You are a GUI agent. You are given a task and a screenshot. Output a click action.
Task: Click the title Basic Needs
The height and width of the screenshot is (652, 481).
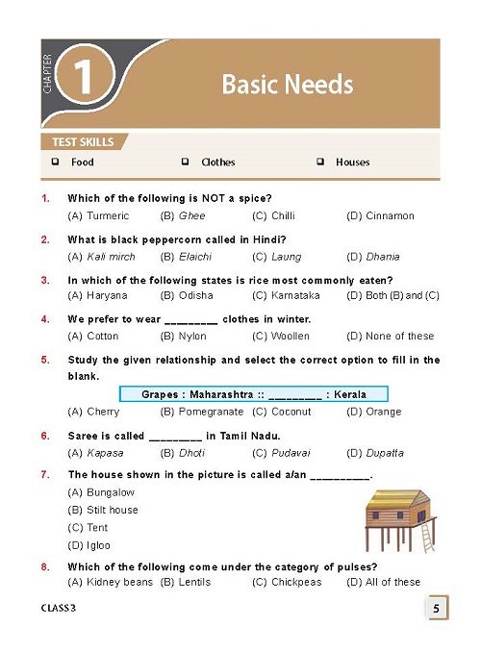point(287,85)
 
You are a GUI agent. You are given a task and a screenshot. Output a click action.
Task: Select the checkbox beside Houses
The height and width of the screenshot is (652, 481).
point(319,163)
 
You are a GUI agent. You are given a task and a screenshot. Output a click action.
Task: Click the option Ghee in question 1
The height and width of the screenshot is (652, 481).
point(191,215)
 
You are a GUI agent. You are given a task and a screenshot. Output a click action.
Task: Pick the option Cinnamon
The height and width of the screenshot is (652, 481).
point(390,215)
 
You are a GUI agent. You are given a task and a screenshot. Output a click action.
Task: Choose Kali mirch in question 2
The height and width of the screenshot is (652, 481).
point(108,257)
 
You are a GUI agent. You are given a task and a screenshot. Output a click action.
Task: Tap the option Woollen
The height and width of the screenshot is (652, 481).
point(291,336)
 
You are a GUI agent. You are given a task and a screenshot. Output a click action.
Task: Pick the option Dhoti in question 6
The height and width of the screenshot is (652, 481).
point(192,452)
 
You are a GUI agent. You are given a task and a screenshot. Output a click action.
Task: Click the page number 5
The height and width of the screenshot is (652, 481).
point(436,609)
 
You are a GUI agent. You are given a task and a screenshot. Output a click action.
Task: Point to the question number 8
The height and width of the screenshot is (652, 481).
point(45,567)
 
